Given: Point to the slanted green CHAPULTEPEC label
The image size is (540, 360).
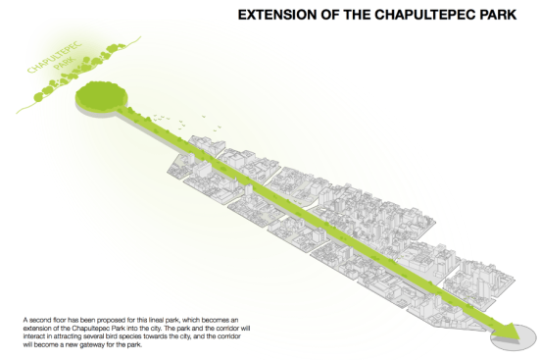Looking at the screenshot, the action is (55, 58).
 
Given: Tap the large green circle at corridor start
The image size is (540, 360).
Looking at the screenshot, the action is (101, 95).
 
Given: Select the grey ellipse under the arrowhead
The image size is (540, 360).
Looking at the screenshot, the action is (514, 337).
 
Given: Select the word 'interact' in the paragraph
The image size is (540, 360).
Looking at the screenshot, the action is (33, 336).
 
